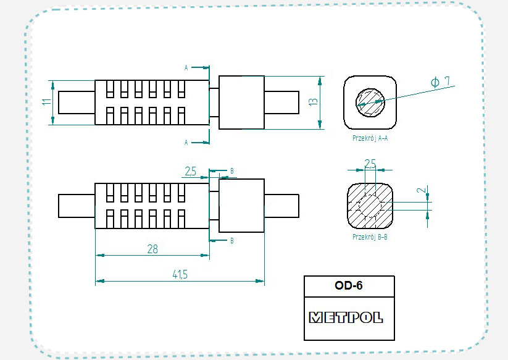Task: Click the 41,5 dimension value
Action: coord(180,275)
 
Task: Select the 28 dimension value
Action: coord(152,249)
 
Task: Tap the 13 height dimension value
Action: coord(314,102)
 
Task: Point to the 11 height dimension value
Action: coord(47,102)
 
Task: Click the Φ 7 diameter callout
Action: coord(441,82)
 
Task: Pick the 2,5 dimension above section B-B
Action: coord(370,163)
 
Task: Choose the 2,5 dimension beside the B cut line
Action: coord(191,171)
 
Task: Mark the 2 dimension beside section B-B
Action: coord(422,190)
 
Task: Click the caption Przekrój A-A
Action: coord(370,138)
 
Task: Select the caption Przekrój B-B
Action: coord(370,237)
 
